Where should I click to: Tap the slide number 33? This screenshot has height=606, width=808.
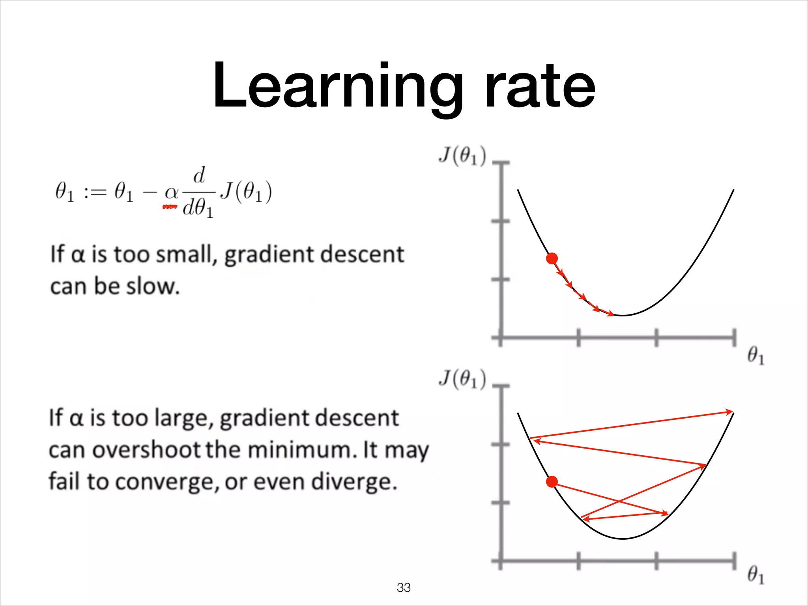click(404, 587)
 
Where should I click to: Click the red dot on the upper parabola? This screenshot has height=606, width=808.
click(552, 258)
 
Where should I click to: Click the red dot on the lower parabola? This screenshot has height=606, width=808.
click(552, 482)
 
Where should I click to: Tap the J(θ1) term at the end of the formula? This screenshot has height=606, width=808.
click(246, 192)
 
